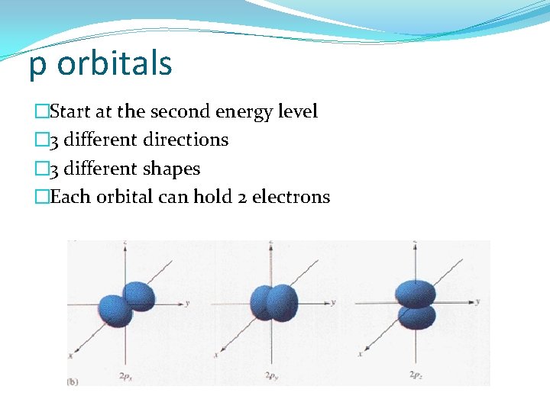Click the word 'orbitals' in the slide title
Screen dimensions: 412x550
(115, 64)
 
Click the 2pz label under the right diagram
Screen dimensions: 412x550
(416, 375)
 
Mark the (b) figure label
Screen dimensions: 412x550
(73, 381)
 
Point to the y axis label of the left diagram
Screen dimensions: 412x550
(187, 303)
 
